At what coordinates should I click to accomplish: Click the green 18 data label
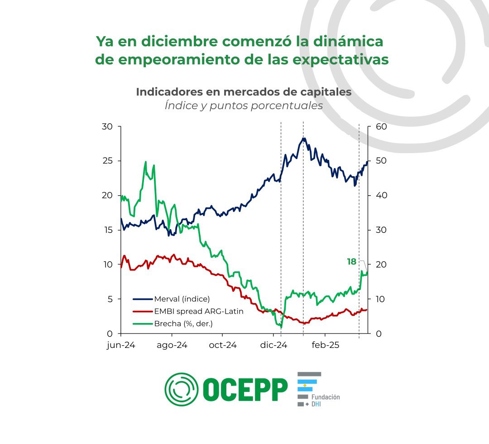coord(351,262)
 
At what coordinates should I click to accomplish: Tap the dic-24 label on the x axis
coord(274,345)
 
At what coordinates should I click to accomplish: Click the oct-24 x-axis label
coord(223,345)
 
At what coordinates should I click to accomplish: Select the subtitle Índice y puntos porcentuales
coord(244,106)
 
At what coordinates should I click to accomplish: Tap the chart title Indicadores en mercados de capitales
coord(244,92)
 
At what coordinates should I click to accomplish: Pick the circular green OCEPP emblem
coord(181,389)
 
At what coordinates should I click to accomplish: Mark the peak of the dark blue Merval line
coord(304,138)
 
